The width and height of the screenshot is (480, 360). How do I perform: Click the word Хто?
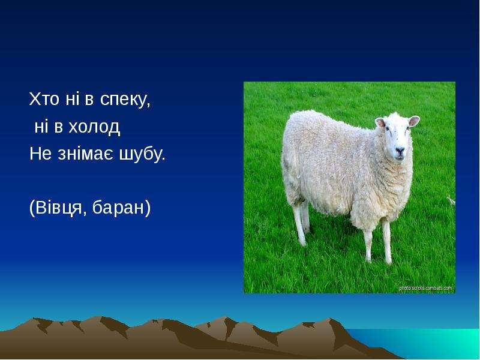pos(44,99)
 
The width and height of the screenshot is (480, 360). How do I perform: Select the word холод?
pos(94,127)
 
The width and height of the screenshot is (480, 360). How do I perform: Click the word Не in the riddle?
pos(40,154)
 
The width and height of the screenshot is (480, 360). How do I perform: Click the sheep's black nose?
pos(400,150)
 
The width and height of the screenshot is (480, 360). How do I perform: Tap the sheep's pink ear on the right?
pos(413,121)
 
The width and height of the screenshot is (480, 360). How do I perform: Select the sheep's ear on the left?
pos(380,122)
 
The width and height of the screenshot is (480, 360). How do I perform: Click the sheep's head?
pos(397,136)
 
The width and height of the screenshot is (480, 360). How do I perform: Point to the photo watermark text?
pos(425,288)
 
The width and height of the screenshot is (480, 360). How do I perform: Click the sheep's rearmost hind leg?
pos(301,225)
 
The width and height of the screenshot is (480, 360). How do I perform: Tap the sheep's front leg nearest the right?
pos(386,242)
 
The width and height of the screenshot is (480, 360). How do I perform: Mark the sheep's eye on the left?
pos(387,129)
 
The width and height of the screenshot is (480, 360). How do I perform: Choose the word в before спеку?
pos(89,100)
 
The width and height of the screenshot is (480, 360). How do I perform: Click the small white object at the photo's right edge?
pos(451,200)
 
